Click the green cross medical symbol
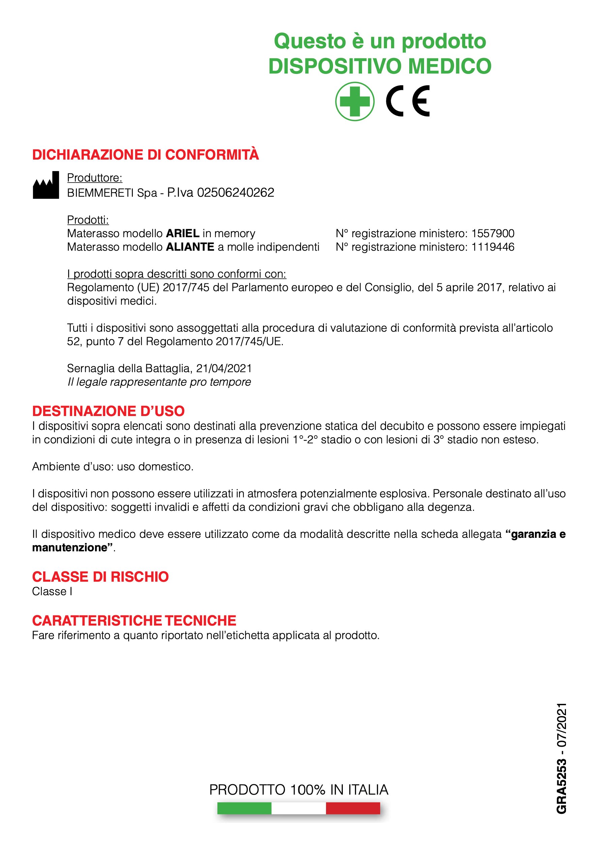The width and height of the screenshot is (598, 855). [354, 101]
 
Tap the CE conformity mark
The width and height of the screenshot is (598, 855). [408, 101]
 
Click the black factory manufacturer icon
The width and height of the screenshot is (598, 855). [46, 186]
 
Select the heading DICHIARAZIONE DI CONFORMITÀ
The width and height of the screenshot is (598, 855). [145, 155]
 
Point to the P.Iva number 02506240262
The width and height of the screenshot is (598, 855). [235, 193]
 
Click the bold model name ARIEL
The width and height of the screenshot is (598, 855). [182, 233]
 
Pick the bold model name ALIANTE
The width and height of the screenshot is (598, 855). [190, 247]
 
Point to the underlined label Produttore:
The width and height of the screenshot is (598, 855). [94, 178]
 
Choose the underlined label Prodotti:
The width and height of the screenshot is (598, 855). [88, 220]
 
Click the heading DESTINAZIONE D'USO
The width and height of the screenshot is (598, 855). [108, 411]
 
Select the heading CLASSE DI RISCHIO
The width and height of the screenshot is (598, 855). [100, 577]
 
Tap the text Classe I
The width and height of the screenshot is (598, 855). [52, 591]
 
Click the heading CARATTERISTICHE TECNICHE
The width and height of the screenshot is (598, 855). [134, 621]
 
